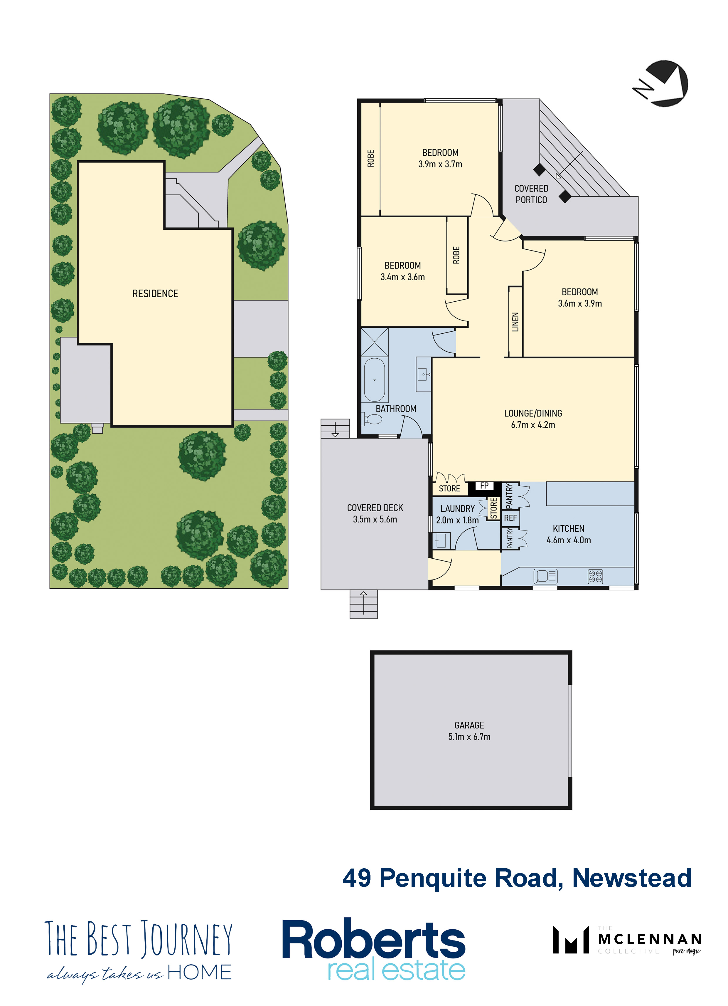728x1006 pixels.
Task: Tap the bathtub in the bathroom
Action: (375, 380)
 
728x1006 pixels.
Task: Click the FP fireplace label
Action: (484, 486)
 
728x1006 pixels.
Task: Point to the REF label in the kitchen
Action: (510, 518)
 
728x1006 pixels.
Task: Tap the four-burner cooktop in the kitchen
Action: (595, 577)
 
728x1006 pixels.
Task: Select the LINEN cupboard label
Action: (515, 322)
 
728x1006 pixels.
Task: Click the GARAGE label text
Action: (469, 725)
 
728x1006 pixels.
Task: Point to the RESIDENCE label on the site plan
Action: (155, 294)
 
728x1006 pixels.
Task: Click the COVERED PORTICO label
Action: (531, 194)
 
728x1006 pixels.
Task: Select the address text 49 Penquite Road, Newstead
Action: (517, 878)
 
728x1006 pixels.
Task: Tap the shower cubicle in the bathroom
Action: (375, 342)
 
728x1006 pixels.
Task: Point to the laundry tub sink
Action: (441, 541)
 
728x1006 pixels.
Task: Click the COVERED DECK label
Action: (375, 508)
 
